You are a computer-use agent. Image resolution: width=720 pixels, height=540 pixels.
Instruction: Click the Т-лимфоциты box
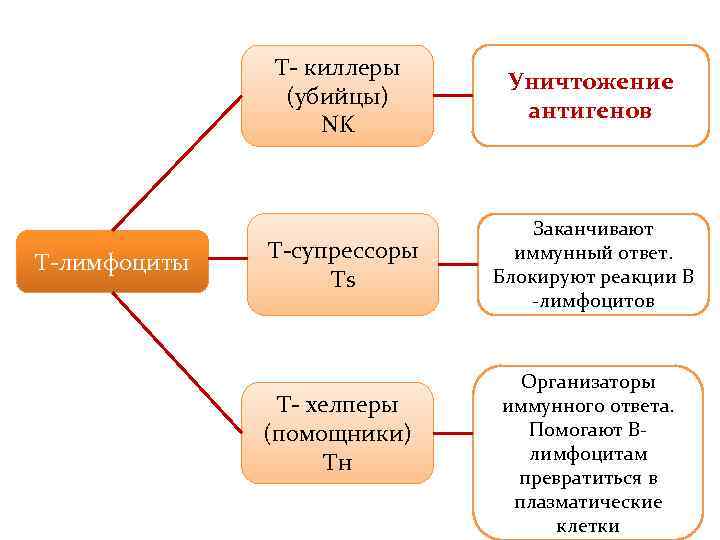pyautogui.click(x=111, y=262)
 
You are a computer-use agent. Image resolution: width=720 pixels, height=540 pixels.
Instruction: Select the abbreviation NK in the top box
pyautogui.click(x=337, y=124)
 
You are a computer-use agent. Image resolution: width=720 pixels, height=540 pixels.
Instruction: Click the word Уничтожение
pyautogui.click(x=590, y=82)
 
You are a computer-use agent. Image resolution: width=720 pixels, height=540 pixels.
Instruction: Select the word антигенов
pyautogui.click(x=590, y=110)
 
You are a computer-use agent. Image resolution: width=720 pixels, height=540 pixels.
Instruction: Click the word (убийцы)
pyautogui.click(x=337, y=96)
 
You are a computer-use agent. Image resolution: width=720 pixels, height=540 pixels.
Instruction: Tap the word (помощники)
pyautogui.click(x=337, y=433)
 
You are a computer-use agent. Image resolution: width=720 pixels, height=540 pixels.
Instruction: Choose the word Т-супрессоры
pyautogui.click(x=343, y=251)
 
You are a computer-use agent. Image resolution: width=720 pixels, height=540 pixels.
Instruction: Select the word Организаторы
pyautogui.click(x=588, y=382)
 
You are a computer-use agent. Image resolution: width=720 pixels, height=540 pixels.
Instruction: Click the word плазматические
pyautogui.click(x=588, y=502)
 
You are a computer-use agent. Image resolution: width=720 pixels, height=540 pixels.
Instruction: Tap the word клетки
pyautogui.click(x=588, y=526)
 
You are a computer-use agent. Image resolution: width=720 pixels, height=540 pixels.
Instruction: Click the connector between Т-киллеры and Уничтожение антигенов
pyautogui.click(x=453, y=96)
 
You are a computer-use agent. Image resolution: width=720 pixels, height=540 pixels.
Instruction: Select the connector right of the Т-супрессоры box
pyautogui.click(x=458, y=264)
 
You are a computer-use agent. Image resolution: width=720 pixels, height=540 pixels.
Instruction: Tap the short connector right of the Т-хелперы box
pyautogui.click(x=453, y=433)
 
